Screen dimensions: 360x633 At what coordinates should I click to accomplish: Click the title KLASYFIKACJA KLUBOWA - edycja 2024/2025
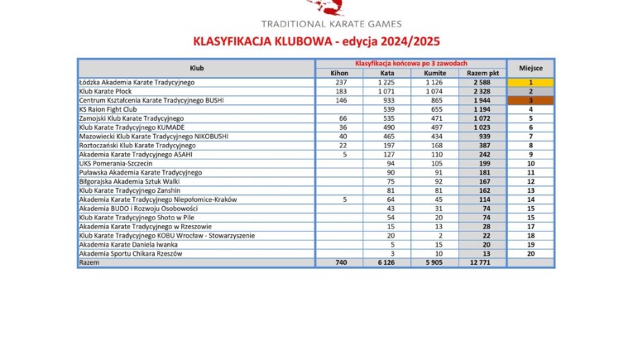[317, 41]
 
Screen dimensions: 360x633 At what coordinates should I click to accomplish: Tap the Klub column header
[196, 68]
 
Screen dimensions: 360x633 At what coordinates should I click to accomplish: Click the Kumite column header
[435, 74]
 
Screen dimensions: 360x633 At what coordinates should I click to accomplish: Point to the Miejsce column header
[530, 68]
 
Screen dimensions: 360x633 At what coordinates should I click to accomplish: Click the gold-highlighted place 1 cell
[530, 83]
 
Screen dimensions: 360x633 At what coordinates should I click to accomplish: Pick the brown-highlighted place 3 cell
[530, 100]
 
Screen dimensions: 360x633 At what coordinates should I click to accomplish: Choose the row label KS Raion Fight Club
[108, 109]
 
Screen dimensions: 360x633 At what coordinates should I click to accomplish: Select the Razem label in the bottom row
[89, 262]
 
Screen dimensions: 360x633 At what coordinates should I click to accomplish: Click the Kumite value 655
[435, 109]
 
